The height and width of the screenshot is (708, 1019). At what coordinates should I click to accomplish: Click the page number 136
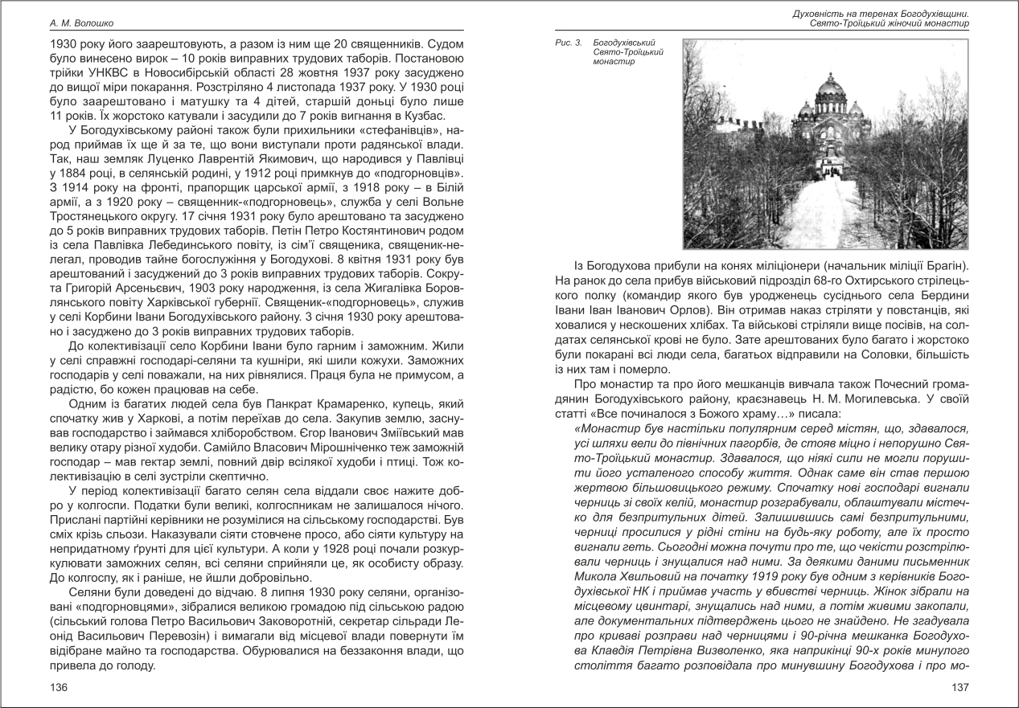[59, 687]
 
